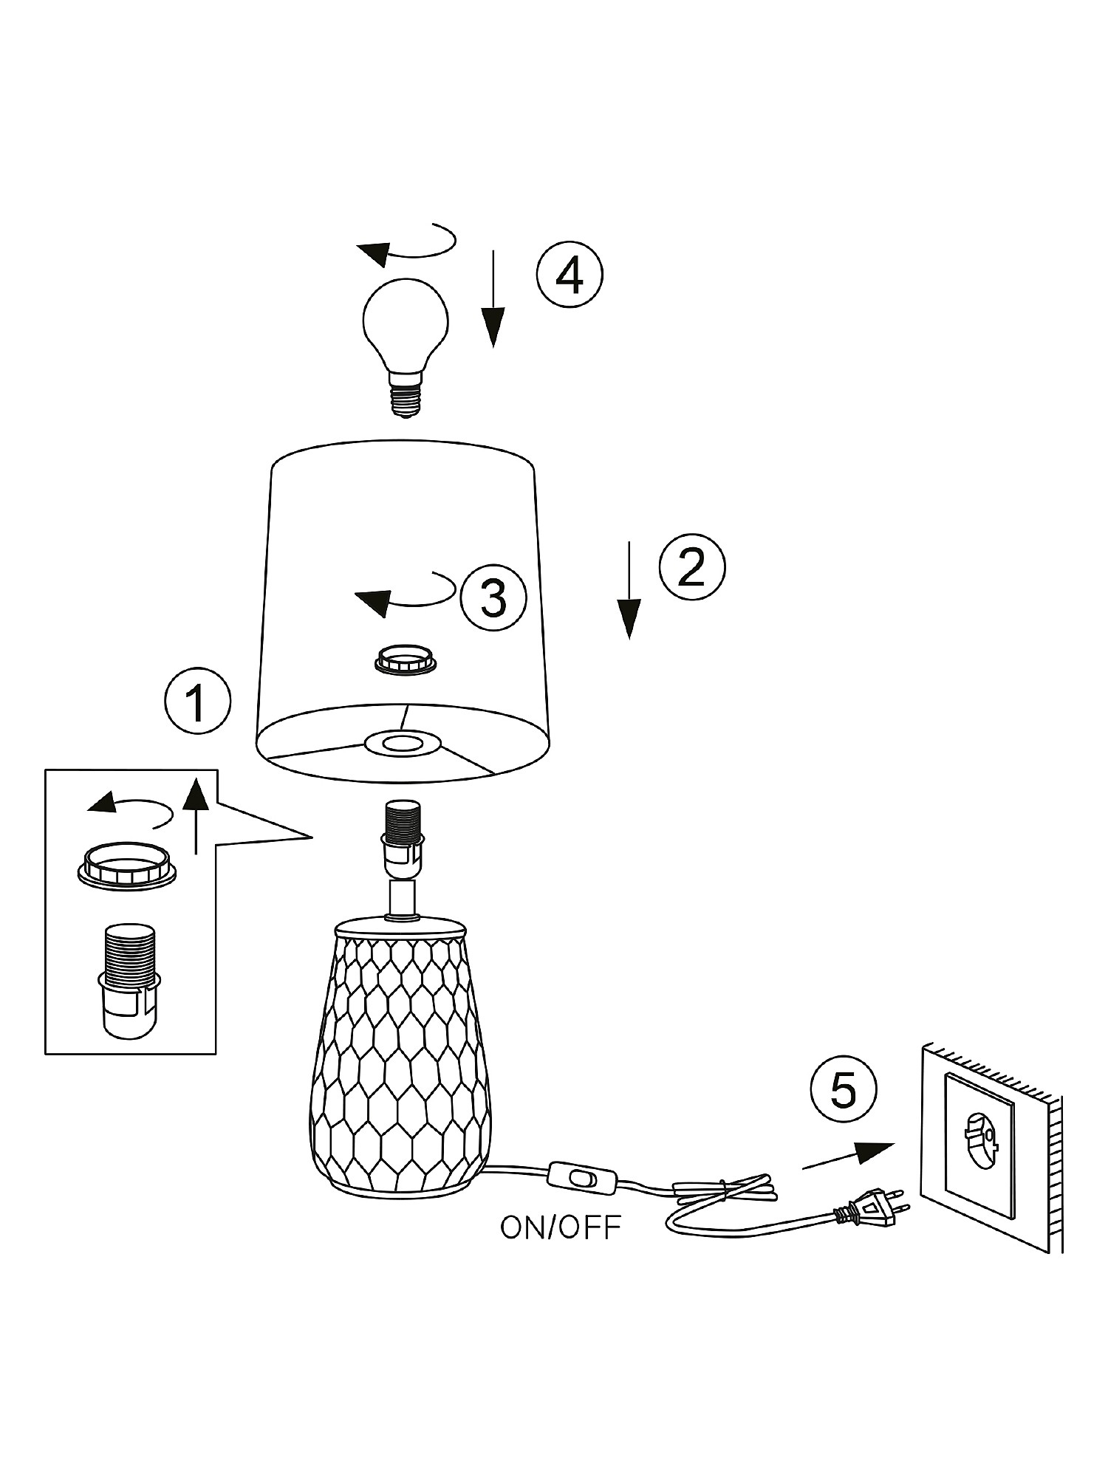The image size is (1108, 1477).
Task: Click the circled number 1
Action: [196, 702]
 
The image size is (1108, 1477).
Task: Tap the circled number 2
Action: [692, 567]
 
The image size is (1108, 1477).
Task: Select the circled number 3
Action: [493, 597]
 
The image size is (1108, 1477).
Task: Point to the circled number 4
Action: [570, 275]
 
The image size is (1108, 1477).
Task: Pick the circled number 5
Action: [843, 1089]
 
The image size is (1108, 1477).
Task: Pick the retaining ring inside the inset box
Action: [127, 866]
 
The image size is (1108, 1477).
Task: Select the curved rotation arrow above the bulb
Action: [406, 244]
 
